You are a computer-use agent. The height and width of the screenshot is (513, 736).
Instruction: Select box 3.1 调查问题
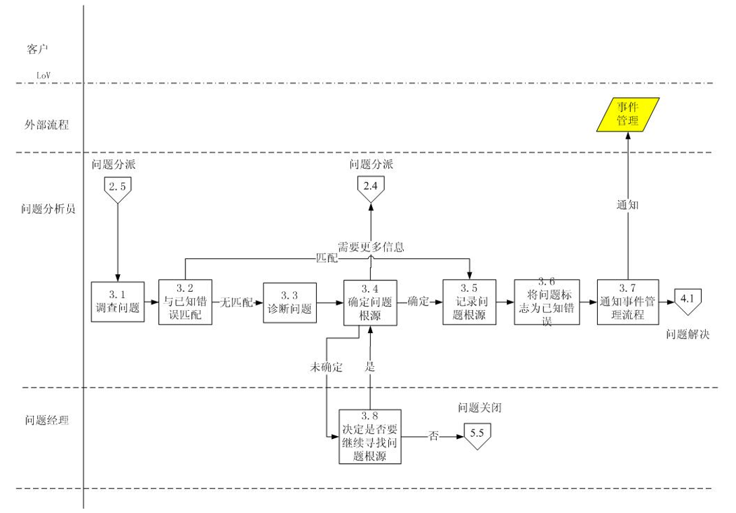(x=118, y=302)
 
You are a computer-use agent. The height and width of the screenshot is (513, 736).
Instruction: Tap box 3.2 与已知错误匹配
(x=185, y=302)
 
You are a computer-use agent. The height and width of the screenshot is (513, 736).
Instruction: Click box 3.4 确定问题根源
(x=370, y=303)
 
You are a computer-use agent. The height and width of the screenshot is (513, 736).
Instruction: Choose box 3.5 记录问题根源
(x=469, y=302)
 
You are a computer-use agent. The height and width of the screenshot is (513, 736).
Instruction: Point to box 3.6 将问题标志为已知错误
(x=547, y=303)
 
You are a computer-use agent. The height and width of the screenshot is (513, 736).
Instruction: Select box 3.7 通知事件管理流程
(x=627, y=303)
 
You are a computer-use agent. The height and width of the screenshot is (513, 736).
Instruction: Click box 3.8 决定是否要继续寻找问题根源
(x=370, y=436)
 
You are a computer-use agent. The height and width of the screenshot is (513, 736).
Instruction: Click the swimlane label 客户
(x=38, y=49)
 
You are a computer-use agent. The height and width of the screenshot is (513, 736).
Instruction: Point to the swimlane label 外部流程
(x=47, y=125)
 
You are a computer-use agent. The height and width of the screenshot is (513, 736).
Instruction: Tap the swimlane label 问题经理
(x=47, y=421)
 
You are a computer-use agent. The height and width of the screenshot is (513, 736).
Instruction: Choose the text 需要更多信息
(x=371, y=247)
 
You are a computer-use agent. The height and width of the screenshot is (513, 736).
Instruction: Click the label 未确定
(x=326, y=367)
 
